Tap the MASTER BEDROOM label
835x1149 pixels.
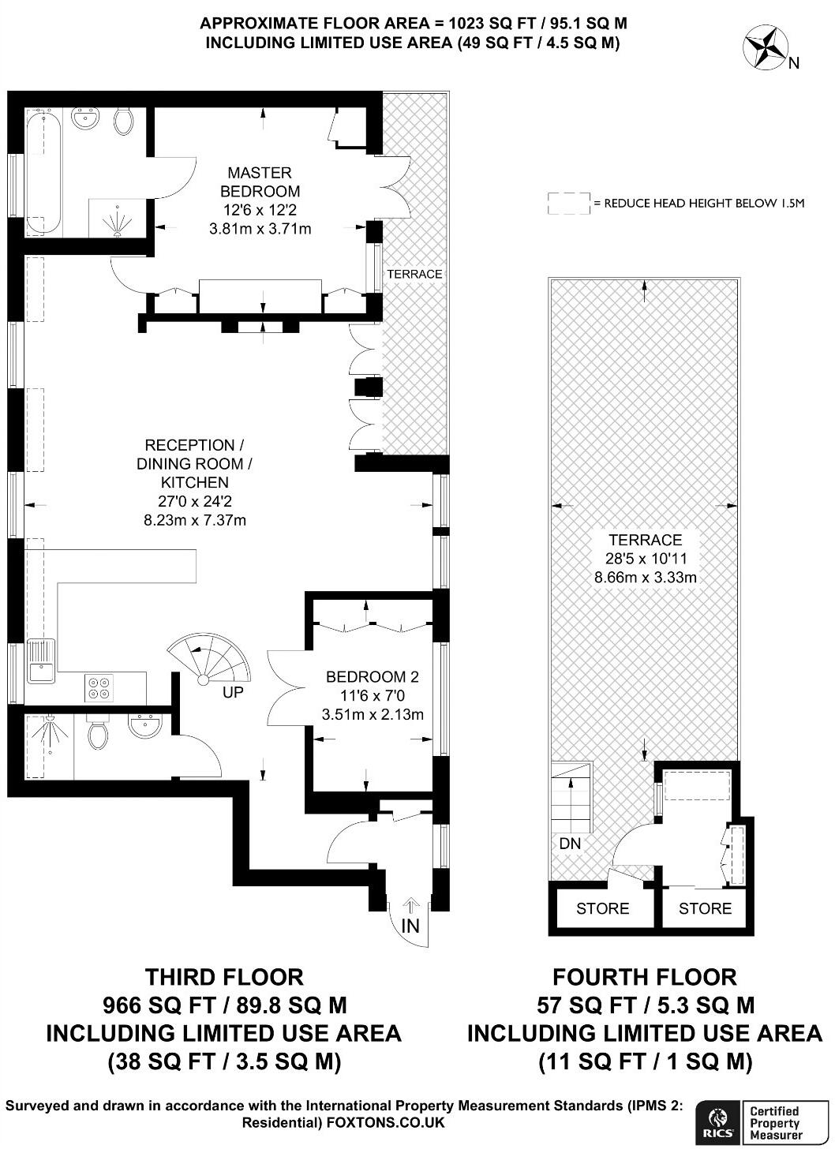[260, 182]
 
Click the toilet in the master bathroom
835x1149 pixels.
[123, 121]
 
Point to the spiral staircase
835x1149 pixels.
[208, 661]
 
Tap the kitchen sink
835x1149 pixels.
[39, 661]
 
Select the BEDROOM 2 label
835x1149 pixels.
[372, 676]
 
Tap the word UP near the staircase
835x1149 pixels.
[233, 693]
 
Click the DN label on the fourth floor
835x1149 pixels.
[570, 844]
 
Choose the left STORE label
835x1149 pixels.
[602, 908]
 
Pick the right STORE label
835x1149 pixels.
[705, 908]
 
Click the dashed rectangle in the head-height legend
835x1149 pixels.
[568, 203]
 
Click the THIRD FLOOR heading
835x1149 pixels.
[224, 977]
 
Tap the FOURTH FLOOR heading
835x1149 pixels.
[644, 977]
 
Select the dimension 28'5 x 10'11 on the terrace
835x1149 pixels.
[645, 559]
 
